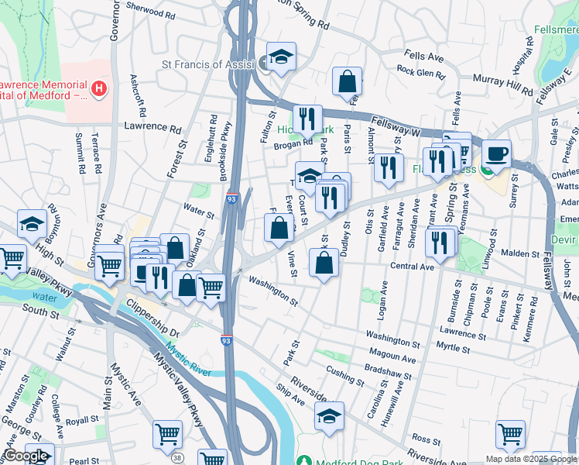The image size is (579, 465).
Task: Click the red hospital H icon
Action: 98,89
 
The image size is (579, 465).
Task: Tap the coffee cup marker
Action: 495,153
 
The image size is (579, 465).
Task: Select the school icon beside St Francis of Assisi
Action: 281,56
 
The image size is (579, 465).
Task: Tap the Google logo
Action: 26,456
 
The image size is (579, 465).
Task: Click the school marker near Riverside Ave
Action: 329,416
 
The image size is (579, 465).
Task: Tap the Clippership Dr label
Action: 152,318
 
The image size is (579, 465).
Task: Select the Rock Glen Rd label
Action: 420,72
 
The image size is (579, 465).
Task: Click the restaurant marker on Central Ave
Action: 439,241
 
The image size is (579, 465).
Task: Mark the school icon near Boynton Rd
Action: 32,224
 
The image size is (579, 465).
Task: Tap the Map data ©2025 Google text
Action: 530,458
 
